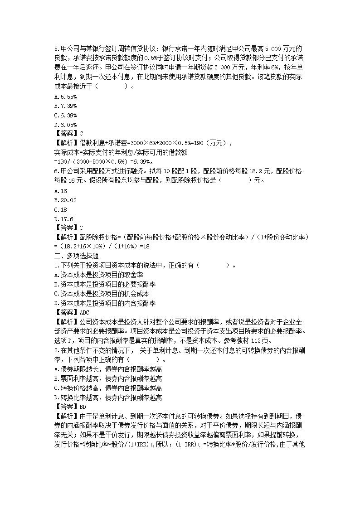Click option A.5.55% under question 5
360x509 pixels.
65,97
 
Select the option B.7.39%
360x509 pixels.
65,106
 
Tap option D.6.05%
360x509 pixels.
65,124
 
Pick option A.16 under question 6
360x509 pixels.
60,191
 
